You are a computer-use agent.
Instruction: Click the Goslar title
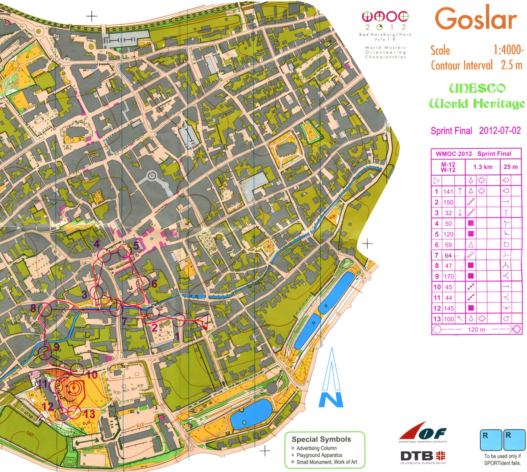click(x=475, y=19)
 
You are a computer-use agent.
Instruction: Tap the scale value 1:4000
click(x=507, y=50)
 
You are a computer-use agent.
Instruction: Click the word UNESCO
click(x=477, y=88)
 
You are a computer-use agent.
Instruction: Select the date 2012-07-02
click(x=500, y=130)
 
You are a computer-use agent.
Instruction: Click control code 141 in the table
click(x=448, y=191)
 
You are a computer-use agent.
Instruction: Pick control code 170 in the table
click(x=448, y=276)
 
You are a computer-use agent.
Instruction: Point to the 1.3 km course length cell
click(x=482, y=167)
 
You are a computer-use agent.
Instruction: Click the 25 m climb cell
click(x=510, y=167)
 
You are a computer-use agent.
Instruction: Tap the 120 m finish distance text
click(x=476, y=330)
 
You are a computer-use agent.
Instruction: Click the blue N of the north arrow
click(x=331, y=399)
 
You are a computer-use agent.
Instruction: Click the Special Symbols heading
click(x=321, y=439)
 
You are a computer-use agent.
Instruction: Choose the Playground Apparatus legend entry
click(x=319, y=455)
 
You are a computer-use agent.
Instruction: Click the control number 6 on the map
click(x=154, y=283)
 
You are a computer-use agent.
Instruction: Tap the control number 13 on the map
click(x=89, y=414)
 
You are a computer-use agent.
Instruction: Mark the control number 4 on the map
click(x=96, y=244)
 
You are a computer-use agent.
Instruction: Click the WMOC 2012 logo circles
click(x=385, y=17)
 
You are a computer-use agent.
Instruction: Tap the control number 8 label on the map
click(x=33, y=308)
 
